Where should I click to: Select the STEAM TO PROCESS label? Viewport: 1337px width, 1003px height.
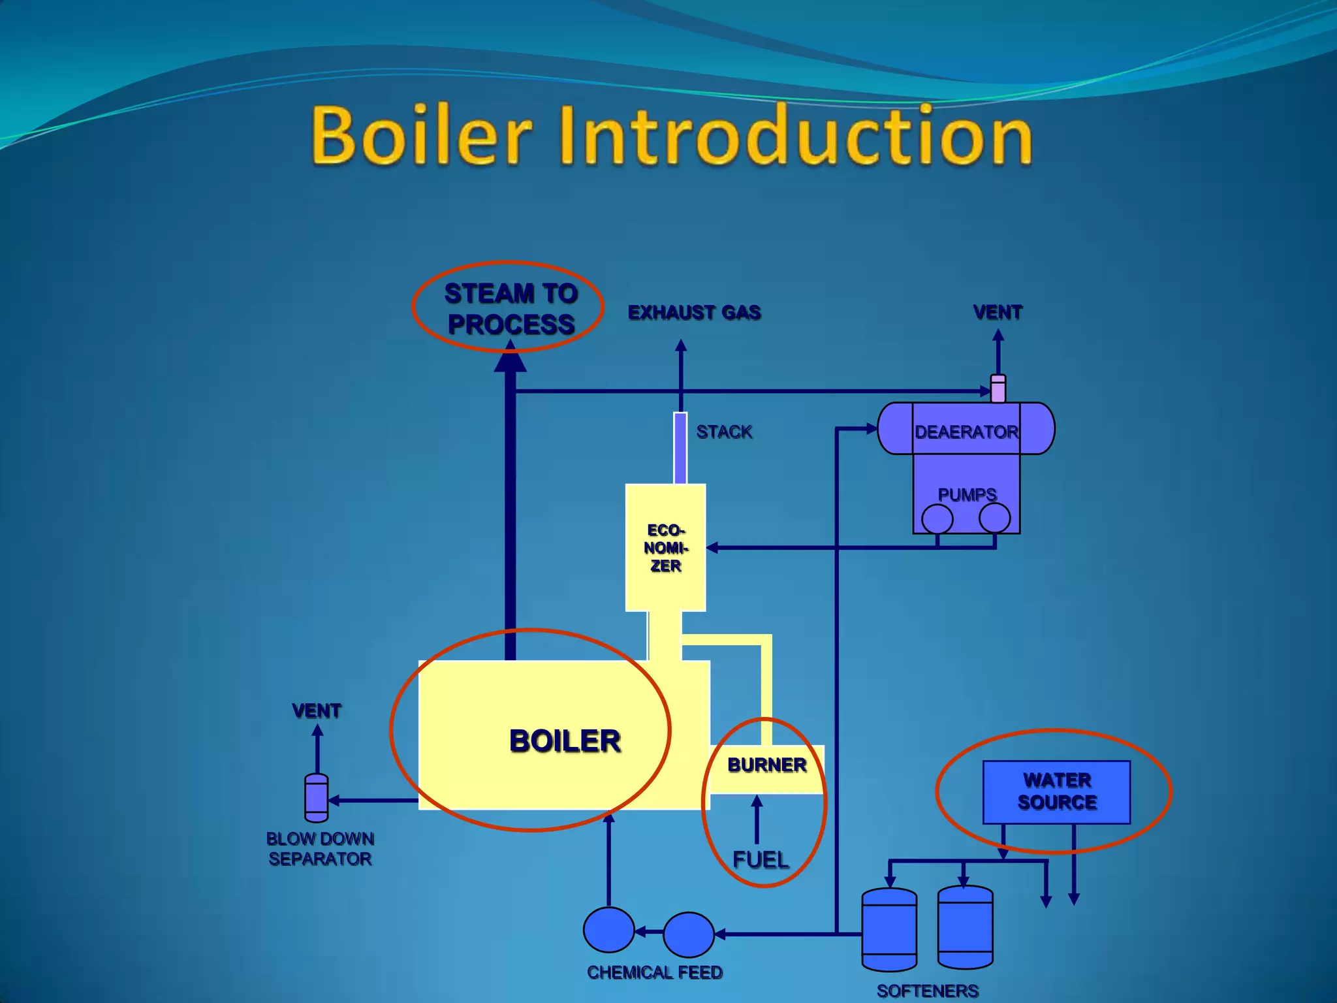click(511, 309)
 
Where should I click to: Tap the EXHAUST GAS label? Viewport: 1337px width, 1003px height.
click(694, 313)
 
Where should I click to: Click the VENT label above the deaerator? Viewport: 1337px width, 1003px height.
click(998, 313)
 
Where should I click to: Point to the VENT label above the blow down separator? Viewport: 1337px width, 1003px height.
click(317, 710)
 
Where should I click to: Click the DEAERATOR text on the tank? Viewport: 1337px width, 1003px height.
click(966, 432)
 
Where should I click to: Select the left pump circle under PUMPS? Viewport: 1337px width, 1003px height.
click(937, 519)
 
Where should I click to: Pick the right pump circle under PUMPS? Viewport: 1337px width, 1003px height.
click(994, 518)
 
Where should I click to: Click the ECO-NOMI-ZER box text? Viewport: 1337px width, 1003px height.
click(665, 548)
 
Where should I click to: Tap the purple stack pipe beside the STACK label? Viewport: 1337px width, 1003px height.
click(680, 448)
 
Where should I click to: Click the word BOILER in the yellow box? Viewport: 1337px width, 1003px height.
click(565, 741)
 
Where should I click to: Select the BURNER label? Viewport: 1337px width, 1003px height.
click(767, 765)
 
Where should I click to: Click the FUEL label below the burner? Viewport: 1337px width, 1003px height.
click(761, 859)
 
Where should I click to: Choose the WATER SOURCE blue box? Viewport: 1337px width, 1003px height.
click(1056, 791)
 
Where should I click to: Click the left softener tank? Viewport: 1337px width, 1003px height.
click(889, 930)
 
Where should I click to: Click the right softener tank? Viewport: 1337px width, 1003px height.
click(965, 927)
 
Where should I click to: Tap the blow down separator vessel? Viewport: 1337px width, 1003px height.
click(317, 798)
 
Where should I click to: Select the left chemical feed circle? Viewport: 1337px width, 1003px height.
click(608, 930)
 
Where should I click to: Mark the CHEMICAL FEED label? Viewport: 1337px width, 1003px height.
click(655, 972)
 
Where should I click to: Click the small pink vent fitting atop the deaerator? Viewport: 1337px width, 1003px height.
click(998, 389)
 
